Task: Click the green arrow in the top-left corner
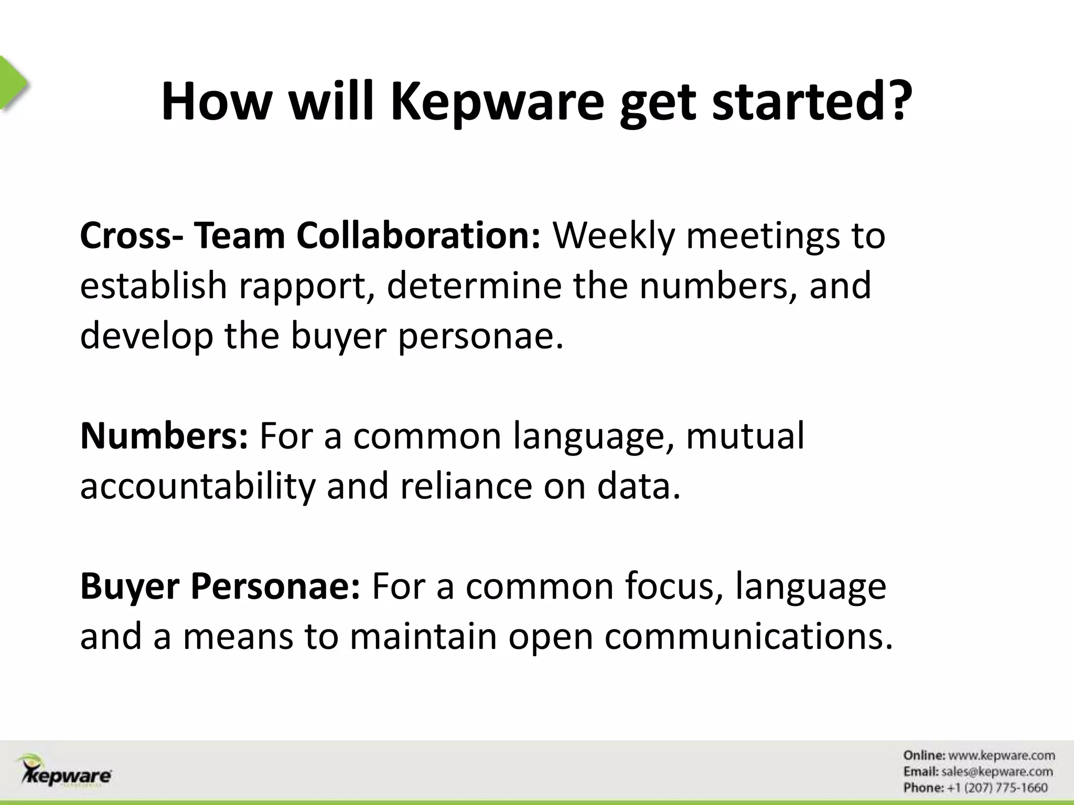[x=13, y=83]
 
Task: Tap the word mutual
[x=745, y=436]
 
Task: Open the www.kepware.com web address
[x=1002, y=755]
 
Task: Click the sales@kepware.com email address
[x=997, y=771]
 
